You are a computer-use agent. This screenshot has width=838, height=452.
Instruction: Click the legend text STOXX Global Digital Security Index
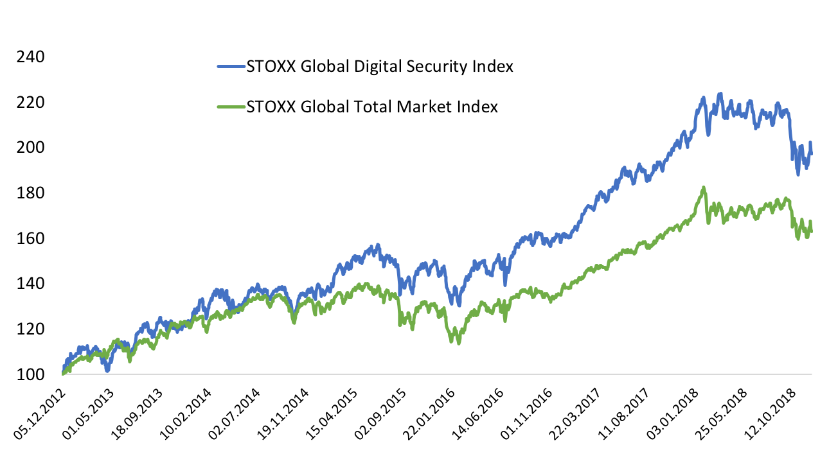tap(380, 66)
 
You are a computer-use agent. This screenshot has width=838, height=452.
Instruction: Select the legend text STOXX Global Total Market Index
tap(372, 107)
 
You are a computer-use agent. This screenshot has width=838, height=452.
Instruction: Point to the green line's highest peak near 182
tap(704, 187)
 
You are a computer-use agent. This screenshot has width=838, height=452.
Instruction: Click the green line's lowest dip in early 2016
tap(458, 343)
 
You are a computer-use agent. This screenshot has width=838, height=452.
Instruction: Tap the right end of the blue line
tap(811, 153)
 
